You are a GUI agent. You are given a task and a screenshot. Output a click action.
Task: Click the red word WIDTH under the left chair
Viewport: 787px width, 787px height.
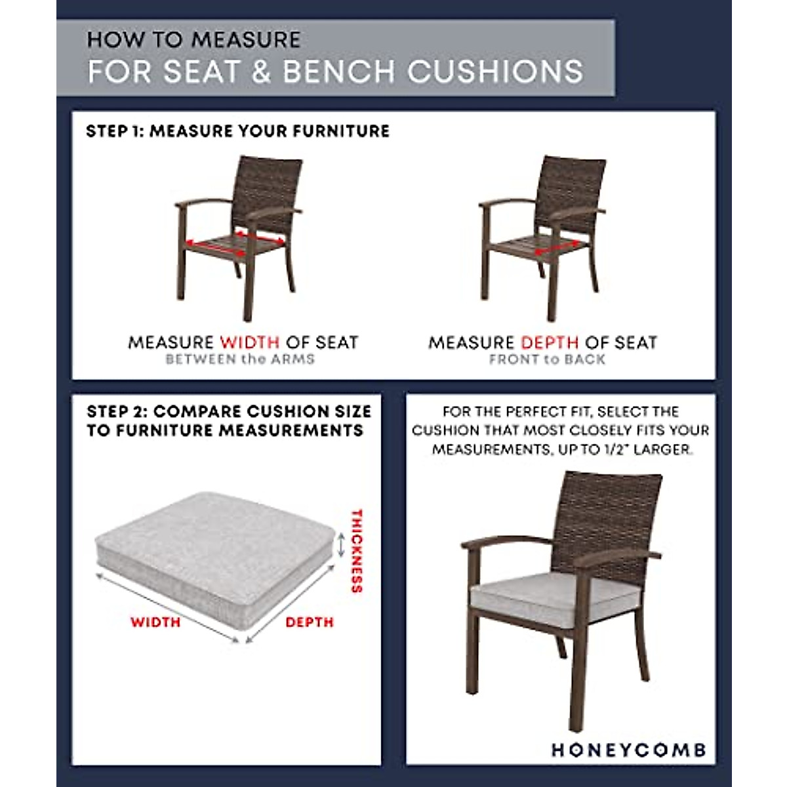(250, 342)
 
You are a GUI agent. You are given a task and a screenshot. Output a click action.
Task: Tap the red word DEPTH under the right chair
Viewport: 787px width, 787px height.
(550, 342)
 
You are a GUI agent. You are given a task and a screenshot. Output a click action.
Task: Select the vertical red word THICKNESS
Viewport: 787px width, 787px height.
(357, 551)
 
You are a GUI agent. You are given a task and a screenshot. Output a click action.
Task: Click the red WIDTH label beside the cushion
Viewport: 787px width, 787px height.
(155, 622)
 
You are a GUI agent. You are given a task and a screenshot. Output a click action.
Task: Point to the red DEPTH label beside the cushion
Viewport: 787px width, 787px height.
(310, 622)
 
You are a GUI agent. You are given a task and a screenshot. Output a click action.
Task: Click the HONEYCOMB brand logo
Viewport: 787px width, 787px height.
(628, 750)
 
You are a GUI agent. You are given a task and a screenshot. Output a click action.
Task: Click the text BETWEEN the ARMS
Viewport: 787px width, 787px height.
(240, 359)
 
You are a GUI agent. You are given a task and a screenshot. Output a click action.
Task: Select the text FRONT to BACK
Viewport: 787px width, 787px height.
(547, 359)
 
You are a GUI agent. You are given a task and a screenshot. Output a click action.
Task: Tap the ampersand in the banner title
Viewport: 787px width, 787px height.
(261, 71)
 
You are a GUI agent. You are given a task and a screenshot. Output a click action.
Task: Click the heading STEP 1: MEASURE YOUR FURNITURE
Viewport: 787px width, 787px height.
(237, 131)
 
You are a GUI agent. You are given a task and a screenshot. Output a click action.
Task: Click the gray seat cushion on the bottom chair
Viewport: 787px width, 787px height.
(554, 594)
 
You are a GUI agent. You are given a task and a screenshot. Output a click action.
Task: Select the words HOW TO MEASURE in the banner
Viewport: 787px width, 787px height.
(193, 40)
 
